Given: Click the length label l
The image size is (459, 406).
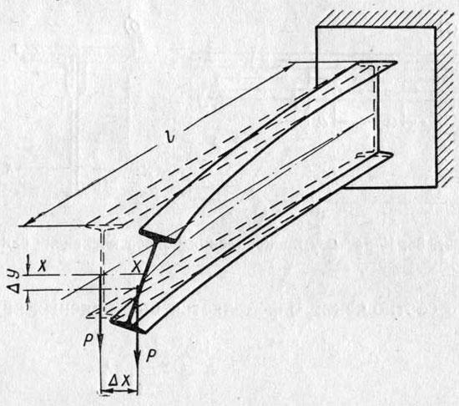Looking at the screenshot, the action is pyautogui.click(x=169, y=135).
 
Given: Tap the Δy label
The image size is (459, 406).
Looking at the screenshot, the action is pyautogui.click(x=14, y=282).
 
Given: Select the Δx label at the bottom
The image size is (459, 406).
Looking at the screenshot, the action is pyautogui.click(x=119, y=380).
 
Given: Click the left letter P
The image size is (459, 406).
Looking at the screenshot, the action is pyautogui.click(x=88, y=340).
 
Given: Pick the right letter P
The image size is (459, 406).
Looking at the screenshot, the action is pyautogui.click(x=151, y=356).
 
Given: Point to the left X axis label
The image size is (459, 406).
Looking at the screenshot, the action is pyautogui.click(x=43, y=266).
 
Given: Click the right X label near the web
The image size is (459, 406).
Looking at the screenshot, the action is pyautogui.click(x=136, y=266).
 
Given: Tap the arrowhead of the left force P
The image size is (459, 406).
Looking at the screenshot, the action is pyautogui.click(x=101, y=342).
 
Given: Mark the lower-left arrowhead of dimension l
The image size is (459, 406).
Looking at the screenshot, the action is pyautogui.click(x=29, y=221).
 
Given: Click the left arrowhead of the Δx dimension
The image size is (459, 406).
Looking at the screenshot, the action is pyautogui.click(x=105, y=391).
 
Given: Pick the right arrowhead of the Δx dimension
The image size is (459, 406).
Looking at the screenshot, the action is pyautogui.click(x=133, y=391).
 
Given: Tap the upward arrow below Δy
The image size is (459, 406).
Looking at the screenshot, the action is pyautogui.click(x=28, y=301).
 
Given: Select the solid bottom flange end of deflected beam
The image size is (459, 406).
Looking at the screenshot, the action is pyautogui.click(x=129, y=325).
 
